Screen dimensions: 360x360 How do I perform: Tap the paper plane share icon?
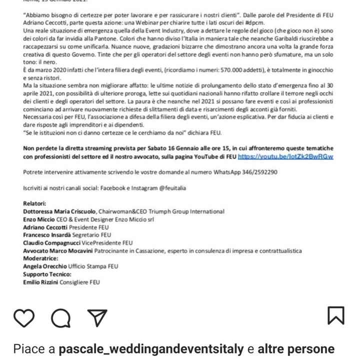coord(97,317)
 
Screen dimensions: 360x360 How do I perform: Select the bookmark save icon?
coord(335,315)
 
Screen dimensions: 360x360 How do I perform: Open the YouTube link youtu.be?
coord(285,156)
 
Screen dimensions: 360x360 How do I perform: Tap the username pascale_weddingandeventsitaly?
coord(151,348)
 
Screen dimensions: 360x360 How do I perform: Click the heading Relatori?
coord(34,203)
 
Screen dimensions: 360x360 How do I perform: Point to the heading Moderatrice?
coord(40,258)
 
